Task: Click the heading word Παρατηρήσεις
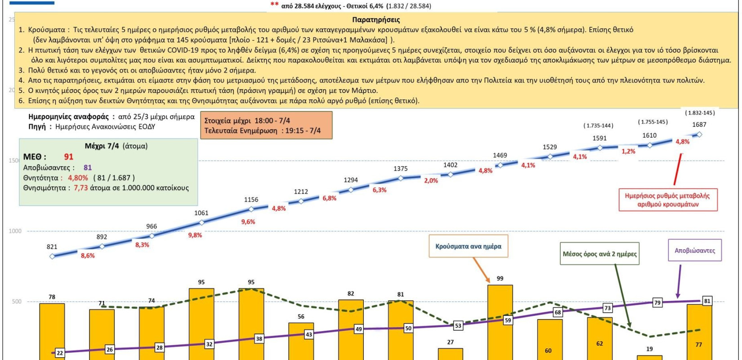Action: (376, 20)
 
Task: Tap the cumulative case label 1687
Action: (699, 125)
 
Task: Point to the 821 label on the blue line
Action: (52, 247)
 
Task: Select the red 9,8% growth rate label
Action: (195, 235)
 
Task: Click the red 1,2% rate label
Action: (628, 152)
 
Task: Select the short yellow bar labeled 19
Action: (649, 357)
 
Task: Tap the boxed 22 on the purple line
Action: (60, 353)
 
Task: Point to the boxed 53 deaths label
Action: (458, 325)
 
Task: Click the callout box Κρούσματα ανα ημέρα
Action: (468, 246)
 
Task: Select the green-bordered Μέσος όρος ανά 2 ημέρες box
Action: (599, 254)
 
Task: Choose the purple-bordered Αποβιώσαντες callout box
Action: (694, 251)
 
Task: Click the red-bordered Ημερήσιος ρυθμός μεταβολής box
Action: (667, 200)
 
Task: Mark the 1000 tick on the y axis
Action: (15, 231)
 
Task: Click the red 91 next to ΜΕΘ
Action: (68, 157)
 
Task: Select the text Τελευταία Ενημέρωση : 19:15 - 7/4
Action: (262, 130)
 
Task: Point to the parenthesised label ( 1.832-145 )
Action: (699, 112)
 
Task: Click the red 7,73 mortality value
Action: (81, 188)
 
